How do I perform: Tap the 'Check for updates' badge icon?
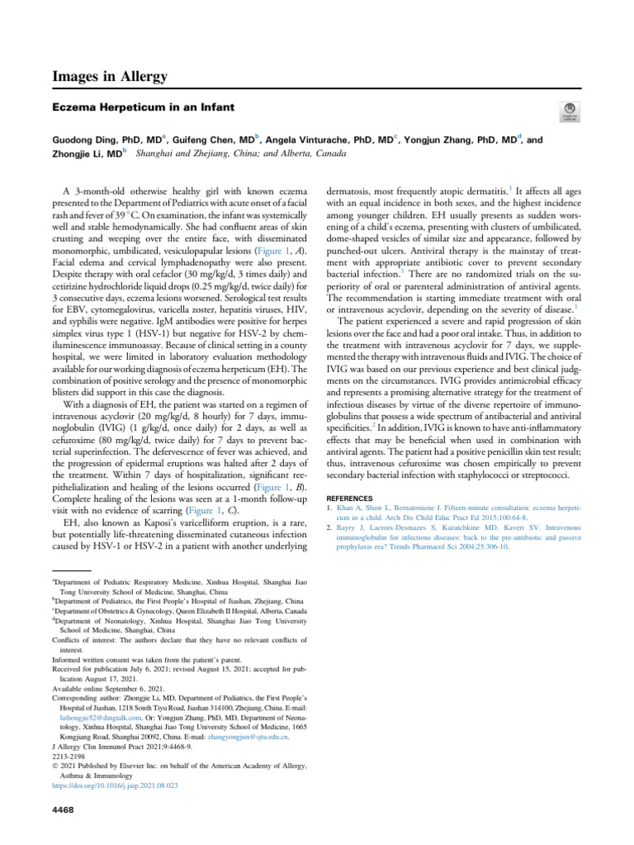point(569,113)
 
